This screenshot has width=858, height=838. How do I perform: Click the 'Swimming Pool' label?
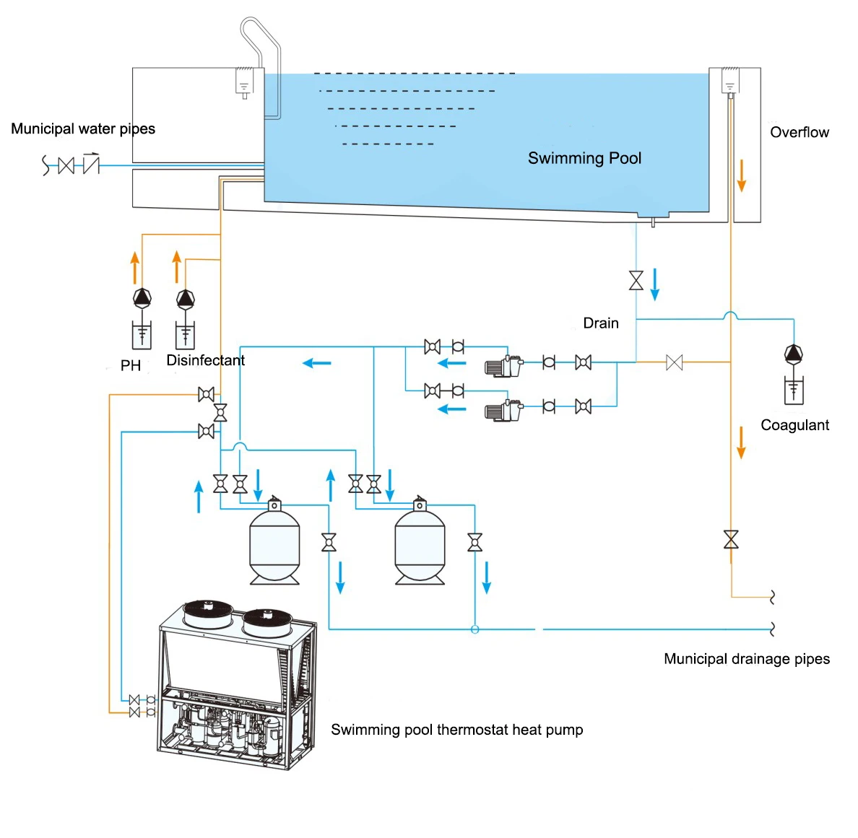click(x=584, y=158)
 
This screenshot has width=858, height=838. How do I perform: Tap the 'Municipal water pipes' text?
click(x=83, y=128)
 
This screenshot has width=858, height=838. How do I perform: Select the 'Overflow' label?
click(x=799, y=132)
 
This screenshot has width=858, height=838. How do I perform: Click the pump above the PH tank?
click(x=142, y=297)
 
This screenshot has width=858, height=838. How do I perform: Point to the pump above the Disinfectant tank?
click(x=186, y=298)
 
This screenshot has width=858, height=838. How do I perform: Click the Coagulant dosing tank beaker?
click(x=794, y=390)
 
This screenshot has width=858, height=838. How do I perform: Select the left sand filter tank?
click(x=274, y=545)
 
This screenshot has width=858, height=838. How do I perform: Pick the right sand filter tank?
click(x=420, y=545)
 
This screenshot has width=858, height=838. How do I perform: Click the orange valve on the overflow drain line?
click(x=731, y=539)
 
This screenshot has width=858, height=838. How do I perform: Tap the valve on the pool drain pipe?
click(x=636, y=280)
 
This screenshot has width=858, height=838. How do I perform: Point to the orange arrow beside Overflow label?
click(x=741, y=176)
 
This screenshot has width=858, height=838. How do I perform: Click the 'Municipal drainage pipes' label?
click(x=746, y=658)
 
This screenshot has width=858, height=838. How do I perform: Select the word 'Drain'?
click(x=601, y=323)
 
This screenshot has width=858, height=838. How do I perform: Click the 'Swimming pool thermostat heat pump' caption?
click(x=456, y=729)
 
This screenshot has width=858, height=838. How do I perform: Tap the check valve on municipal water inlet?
click(x=91, y=165)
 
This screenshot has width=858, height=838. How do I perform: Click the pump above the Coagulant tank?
click(x=794, y=354)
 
